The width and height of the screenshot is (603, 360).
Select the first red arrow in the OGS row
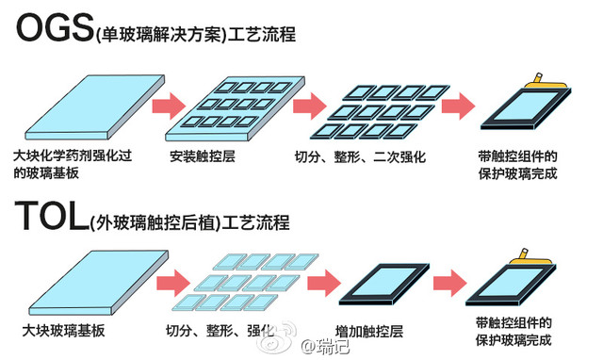point(170,105)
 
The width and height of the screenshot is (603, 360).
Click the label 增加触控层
point(369,332)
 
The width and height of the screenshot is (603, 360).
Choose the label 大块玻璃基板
point(59,332)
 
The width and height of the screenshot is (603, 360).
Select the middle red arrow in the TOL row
point(320,282)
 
